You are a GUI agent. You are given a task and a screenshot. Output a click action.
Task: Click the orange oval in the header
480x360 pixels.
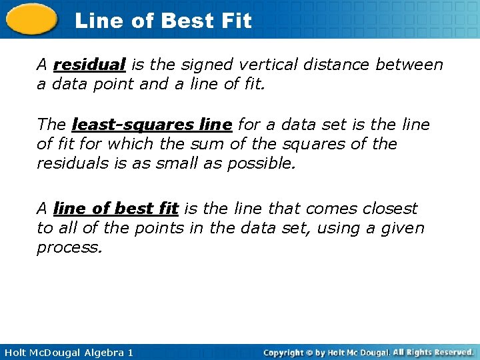coord(31,21)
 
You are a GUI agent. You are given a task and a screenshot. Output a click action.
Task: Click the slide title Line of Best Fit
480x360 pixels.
coord(163,21)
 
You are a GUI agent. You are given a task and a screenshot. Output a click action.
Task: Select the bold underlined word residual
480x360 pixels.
coord(89,65)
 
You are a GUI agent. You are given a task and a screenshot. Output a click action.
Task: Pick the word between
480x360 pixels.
coord(409,65)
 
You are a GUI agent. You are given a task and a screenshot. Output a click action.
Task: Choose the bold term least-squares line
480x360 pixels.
coord(152,125)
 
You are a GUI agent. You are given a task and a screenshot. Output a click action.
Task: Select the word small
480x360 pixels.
coord(179,163)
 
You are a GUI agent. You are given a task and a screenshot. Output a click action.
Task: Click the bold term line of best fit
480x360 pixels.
coord(115,209)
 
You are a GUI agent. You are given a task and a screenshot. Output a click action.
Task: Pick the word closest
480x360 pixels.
coord(390,209)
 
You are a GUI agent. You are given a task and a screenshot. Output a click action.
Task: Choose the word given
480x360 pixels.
coord(403,228)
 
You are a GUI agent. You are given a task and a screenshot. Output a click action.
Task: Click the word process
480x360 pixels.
coord(69,248)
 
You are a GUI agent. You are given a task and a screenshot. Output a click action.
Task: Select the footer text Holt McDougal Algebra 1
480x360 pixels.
coord(67,352)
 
